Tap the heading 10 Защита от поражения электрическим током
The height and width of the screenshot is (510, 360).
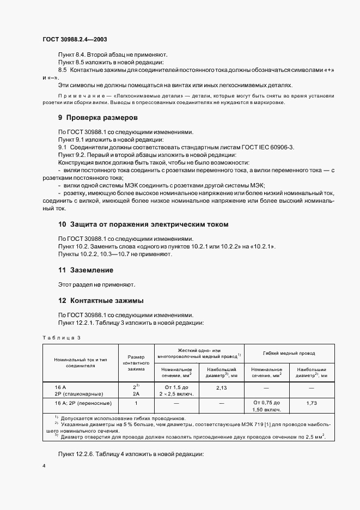(x=144, y=224)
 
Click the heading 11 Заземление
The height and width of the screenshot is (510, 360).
(x=86, y=270)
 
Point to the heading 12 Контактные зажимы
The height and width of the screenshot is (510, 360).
(x=101, y=301)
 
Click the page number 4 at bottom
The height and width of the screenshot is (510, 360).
(x=44, y=466)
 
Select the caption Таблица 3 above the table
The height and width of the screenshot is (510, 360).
(x=61, y=338)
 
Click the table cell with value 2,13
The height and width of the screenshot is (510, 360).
(x=221, y=387)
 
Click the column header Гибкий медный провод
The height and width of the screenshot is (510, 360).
(x=289, y=353)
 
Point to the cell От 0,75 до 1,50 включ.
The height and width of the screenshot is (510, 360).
(x=266, y=406)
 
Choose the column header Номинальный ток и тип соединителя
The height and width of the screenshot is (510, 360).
(x=82, y=363)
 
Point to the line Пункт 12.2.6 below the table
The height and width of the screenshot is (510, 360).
(x=131, y=454)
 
